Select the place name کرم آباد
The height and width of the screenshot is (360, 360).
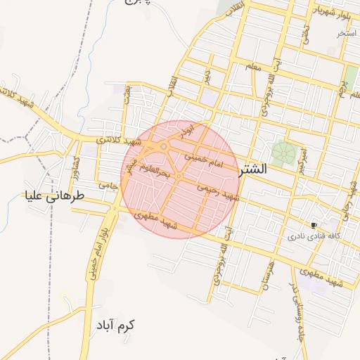pyautogui.click(x=116, y=326)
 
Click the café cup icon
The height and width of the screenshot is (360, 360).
pyautogui.click(x=313, y=226)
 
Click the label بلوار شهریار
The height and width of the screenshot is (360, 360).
pyautogui.click(x=330, y=12)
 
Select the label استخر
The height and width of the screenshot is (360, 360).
pyautogui.click(x=347, y=33)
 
